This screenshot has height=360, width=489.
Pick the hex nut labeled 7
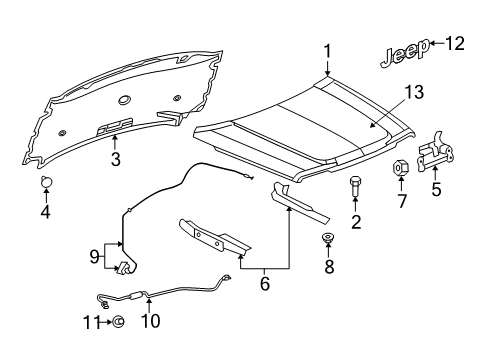[x=399, y=167]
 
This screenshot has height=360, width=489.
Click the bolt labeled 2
[x=356, y=185]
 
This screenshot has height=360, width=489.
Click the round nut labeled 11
[x=116, y=321]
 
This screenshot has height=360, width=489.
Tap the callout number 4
[x=44, y=211]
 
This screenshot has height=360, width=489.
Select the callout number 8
[x=326, y=268]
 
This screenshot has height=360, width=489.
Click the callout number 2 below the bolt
[x=355, y=220]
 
